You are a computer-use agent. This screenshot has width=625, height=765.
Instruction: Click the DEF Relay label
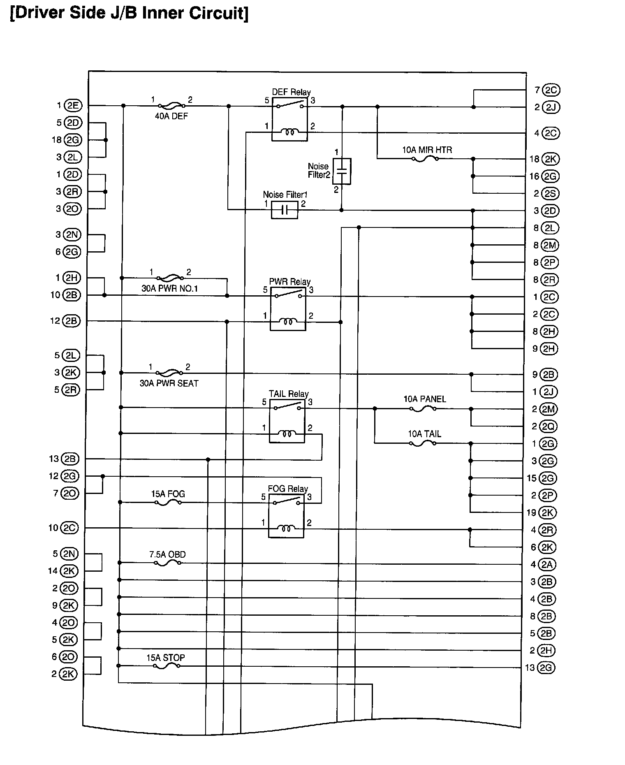291,92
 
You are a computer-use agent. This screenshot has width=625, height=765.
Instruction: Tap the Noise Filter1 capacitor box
285,210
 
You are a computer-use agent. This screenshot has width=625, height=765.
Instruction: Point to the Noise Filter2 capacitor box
342,171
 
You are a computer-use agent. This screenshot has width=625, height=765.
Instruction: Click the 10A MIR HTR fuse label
427,150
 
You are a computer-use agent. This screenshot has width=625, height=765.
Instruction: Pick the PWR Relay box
288,308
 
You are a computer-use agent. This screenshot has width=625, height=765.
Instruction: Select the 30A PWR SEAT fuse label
169,383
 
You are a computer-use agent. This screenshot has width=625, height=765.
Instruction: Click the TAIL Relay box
287,421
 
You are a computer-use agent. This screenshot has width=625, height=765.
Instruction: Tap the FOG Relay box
286,516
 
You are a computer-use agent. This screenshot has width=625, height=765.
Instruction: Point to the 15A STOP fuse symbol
167,665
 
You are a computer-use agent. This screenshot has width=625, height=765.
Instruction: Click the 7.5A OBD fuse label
167,554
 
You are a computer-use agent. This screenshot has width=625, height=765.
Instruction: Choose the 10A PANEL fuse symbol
423,409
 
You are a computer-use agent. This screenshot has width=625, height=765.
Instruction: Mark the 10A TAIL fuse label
424,434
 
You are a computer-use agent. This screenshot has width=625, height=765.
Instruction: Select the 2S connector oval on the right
550,193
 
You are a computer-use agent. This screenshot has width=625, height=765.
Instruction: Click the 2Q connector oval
549,427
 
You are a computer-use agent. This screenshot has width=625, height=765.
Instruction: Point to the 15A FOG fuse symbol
168,503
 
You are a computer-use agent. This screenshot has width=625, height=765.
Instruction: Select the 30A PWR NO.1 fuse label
170,289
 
